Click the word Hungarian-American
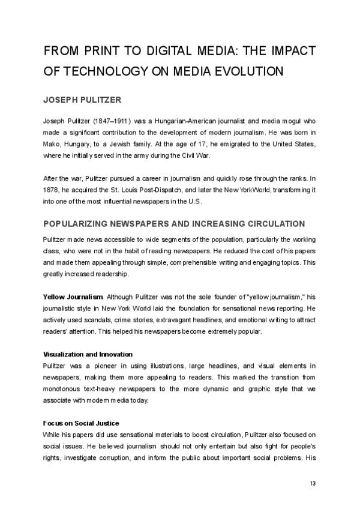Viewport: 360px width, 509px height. pos(182,120)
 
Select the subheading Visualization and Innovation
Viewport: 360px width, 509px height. pos(88,354)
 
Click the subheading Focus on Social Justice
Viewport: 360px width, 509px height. pos(81,423)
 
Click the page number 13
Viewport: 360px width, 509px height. pos(313,484)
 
